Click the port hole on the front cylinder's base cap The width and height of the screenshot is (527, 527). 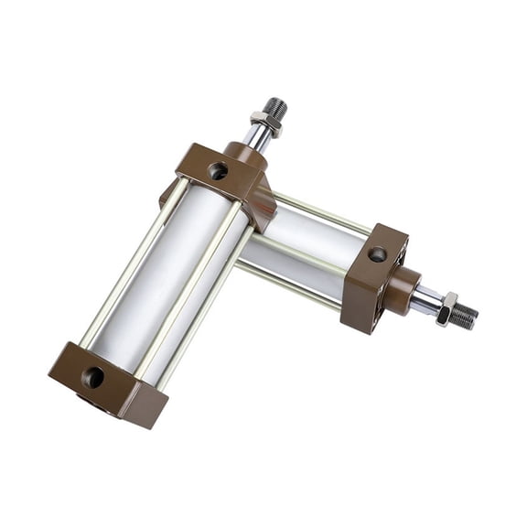92,376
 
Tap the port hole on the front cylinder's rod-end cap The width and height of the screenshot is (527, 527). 218,170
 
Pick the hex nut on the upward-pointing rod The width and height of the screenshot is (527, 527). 265,121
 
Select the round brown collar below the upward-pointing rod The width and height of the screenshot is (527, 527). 245,153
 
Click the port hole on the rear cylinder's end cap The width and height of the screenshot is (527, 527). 377,254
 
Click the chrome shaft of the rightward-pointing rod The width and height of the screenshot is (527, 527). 425,299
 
